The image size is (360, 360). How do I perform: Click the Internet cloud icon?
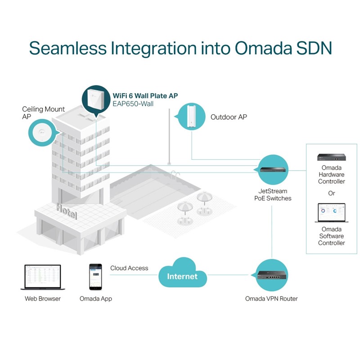[182, 274]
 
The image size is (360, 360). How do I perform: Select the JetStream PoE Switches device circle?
[271, 170]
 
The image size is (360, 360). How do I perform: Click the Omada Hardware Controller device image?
[331, 157]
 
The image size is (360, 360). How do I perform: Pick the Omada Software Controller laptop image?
[331, 213]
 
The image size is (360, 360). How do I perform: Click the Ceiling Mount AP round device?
[41, 132]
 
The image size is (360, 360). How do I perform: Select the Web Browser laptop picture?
[43, 277]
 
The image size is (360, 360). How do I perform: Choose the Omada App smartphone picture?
[95, 276]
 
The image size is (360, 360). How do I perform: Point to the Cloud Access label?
[129, 268]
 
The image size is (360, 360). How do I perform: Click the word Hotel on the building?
[66, 211]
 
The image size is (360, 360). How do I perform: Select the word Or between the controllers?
[332, 193]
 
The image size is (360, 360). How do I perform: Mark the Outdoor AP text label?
[229, 117]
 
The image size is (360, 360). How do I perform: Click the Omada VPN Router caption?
[271, 298]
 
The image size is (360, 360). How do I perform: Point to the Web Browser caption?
[43, 298]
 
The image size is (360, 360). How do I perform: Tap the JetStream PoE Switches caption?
[271, 195]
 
